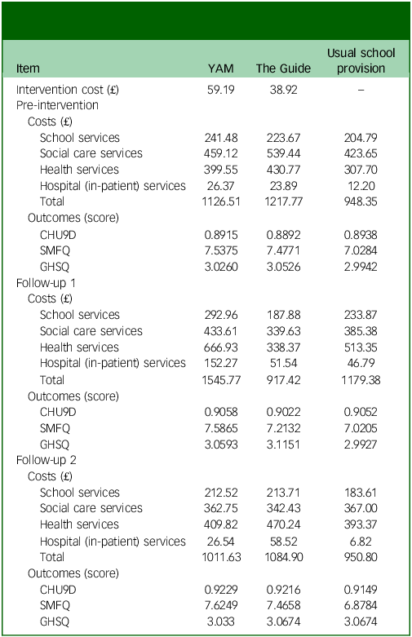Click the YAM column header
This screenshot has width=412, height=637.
(x=220, y=69)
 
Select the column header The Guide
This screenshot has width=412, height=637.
(x=283, y=69)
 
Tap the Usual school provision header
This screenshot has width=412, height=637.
(x=361, y=60)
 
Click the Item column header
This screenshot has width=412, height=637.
(x=28, y=69)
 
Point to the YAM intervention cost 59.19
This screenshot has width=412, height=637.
(x=220, y=90)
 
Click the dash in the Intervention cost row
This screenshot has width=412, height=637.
(x=361, y=90)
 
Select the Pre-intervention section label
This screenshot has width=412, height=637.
(x=57, y=105)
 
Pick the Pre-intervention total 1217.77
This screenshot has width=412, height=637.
(x=284, y=201)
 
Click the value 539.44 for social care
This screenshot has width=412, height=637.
(x=284, y=153)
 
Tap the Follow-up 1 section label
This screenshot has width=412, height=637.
(x=46, y=283)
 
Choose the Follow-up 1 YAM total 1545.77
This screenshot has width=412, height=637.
(x=221, y=380)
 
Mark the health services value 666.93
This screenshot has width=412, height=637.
(x=221, y=347)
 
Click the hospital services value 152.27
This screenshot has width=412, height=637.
(x=221, y=363)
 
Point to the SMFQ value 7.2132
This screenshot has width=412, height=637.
(x=283, y=428)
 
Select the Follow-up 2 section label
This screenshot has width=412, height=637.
(x=47, y=460)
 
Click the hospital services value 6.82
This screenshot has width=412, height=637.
(x=361, y=542)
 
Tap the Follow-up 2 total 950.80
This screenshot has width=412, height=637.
(x=361, y=557)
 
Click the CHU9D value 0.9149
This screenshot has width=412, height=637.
(x=361, y=590)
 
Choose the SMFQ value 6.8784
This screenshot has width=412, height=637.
(x=361, y=605)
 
